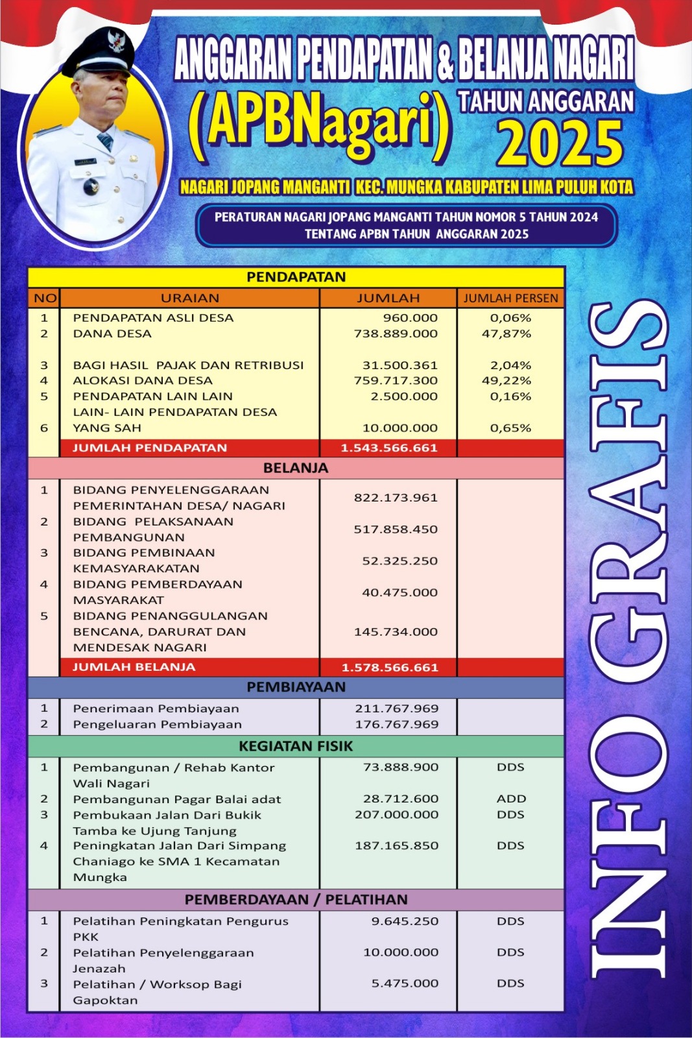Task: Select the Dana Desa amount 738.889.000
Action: (396, 333)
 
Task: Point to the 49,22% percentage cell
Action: (507, 381)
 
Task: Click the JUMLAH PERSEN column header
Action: (510, 298)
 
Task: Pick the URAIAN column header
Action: (190, 298)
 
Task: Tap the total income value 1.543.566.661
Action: (389, 448)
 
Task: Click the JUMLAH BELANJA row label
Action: (134, 667)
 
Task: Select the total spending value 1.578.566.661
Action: (390, 668)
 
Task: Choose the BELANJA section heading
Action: (296, 468)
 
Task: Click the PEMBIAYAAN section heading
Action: (296, 687)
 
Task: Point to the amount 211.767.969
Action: (397, 708)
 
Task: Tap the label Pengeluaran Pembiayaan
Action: (157, 724)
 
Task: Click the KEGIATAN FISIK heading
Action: (296, 746)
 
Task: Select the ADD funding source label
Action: (511, 799)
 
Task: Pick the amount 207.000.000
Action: (396, 814)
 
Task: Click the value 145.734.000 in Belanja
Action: (396, 632)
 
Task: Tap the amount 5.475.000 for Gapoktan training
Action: (405, 984)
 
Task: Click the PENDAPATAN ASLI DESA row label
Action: (153, 318)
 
